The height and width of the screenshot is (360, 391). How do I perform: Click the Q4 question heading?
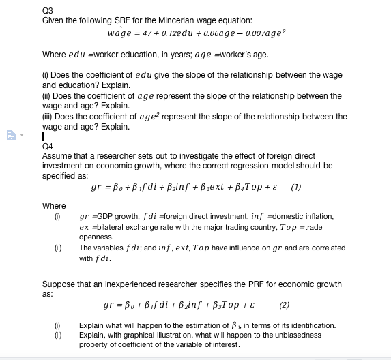(47, 145)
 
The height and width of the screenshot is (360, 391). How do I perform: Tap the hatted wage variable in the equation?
(119, 33)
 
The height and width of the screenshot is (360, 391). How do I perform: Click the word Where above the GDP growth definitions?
(54, 206)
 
